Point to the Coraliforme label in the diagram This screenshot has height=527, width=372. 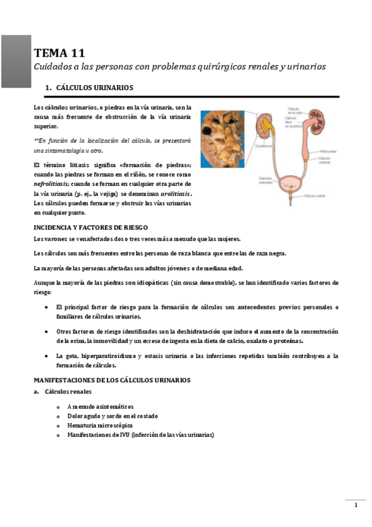(x=264, y=145)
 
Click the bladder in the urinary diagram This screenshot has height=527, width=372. (x=290, y=185)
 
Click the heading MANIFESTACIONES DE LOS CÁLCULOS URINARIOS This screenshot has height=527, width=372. (x=112, y=380)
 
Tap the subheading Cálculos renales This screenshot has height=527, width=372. (x=68, y=392)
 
